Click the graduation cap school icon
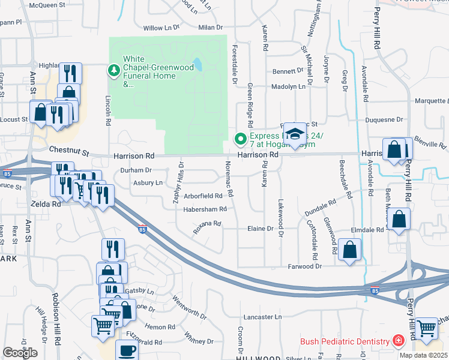(x=295, y=133)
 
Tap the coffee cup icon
(x=126, y=350)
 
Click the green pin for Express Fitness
(x=241, y=140)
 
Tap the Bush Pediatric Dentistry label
(x=345, y=341)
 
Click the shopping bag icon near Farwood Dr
(x=349, y=249)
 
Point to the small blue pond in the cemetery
(x=197, y=64)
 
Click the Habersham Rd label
(x=205, y=209)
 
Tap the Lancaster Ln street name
(x=261, y=316)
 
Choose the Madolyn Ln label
(x=288, y=86)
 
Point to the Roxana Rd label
(x=207, y=226)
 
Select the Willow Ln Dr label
(x=161, y=28)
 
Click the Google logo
(x=20, y=353)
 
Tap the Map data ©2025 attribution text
(x=423, y=355)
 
